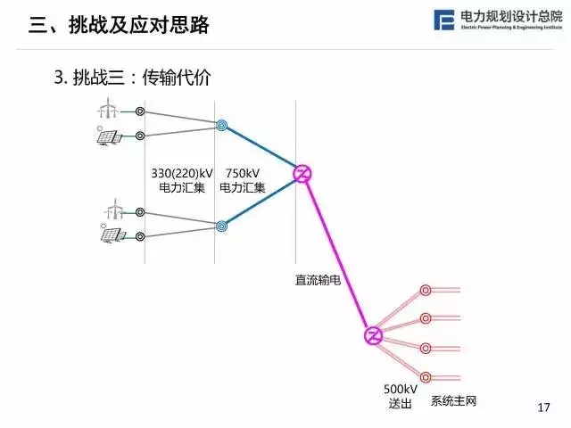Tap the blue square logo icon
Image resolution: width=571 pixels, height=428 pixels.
pyautogui.click(x=443, y=21)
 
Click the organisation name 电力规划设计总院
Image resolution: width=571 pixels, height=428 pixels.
pyautogui.click(x=509, y=16)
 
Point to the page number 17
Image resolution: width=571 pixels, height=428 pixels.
pyautogui.click(x=544, y=407)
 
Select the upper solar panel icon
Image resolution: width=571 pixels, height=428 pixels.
pyautogui.click(x=110, y=136)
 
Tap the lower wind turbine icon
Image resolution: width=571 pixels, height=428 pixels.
pyautogui.click(x=113, y=212)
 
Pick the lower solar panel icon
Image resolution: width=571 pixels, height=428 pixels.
pyautogui.click(x=112, y=236)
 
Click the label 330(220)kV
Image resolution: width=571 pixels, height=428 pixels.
pyautogui.click(x=182, y=172)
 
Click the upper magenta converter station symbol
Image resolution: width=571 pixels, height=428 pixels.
pyautogui.click(x=302, y=174)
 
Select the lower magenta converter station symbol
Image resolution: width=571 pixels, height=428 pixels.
pyautogui.click(x=373, y=335)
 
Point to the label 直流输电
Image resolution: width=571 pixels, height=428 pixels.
pyautogui.click(x=318, y=279)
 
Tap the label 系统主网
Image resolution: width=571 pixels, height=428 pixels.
pyautogui.click(x=453, y=401)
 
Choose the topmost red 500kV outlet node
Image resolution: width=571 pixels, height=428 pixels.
pyautogui.click(x=426, y=290)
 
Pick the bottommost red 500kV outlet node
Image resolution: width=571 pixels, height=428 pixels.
pyautogui.click(x=426, y=376)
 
